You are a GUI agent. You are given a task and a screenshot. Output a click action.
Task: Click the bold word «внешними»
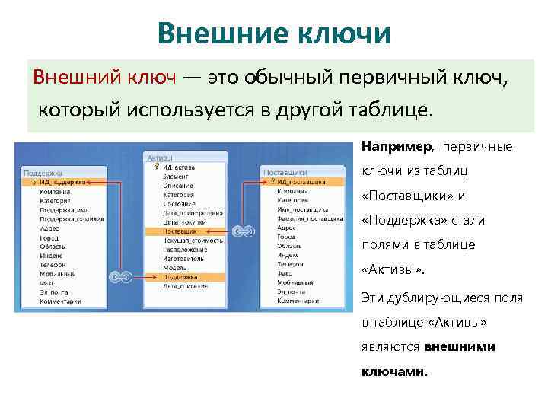459,346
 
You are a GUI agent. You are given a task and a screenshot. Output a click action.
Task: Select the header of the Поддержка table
43,174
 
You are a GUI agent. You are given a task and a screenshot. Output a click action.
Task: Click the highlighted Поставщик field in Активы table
180,231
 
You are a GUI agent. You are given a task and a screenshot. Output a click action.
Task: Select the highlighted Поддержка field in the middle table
181,278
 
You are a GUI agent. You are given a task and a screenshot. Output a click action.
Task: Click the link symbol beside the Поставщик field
243,231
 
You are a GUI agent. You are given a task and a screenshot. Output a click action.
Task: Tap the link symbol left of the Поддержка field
120,278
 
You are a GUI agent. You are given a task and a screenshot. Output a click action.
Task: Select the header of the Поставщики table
285,173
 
